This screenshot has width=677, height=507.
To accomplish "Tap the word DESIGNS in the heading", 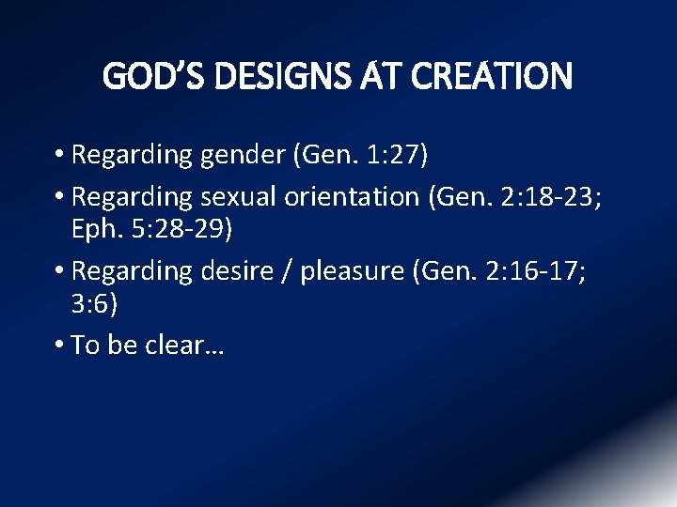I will (291, 77).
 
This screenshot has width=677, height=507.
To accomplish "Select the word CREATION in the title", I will (490, 77).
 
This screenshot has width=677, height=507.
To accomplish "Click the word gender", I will (244, 155).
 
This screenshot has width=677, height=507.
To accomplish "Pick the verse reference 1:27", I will (395, 154).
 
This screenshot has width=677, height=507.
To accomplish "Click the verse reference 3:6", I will (93, 304).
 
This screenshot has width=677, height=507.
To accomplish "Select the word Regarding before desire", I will (132, 271).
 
